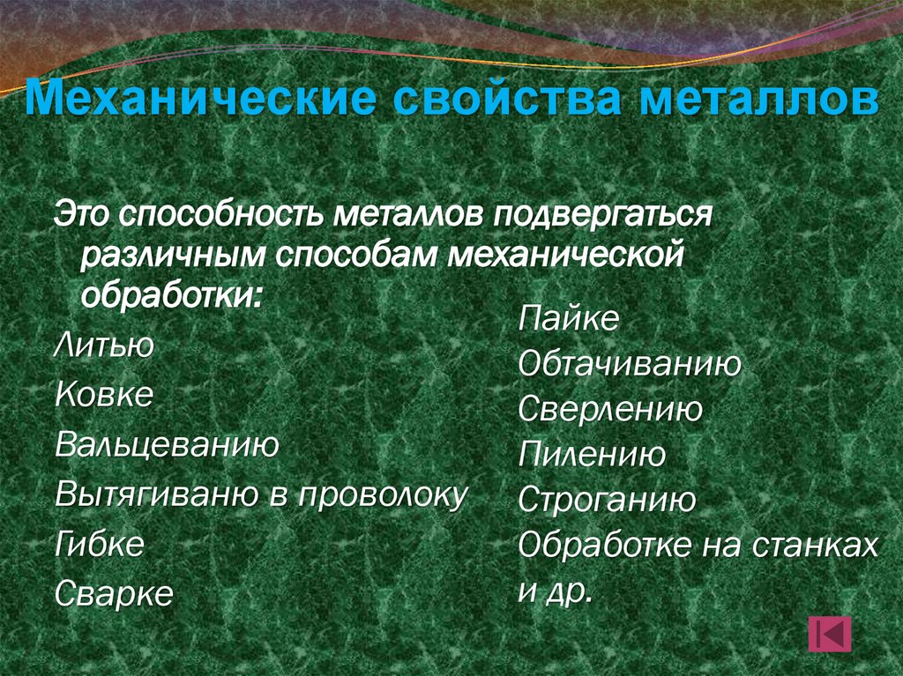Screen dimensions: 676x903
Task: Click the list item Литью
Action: (x=104, y=345)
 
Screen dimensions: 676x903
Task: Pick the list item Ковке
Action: (x=103, y=394)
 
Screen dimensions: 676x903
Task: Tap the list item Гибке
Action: (x=99, y=544)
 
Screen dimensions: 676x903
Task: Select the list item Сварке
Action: (x=114, y=593)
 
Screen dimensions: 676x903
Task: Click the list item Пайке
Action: (x=569, y=318)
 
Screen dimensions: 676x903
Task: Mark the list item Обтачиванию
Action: (x=629, y=364)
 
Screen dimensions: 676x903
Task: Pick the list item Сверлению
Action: (x=609, y=409)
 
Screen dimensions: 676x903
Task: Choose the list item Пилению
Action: (x=591, y=455)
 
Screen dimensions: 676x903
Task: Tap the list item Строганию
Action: (x=607, y=501)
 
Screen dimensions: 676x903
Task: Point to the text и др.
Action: (x=552, y=591)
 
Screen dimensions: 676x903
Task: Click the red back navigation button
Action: (x=828, y=634)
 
